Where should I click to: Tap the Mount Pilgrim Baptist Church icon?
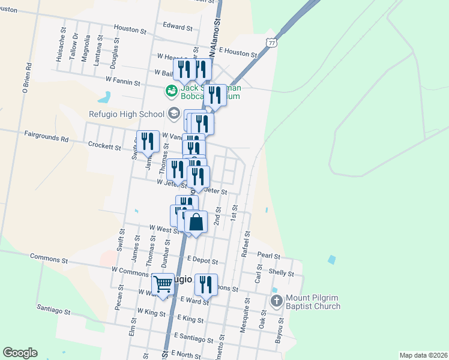point(276,300)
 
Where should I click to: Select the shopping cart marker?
point(163,284)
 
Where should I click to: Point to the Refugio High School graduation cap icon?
point(173,113)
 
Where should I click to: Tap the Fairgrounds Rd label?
point(46,137)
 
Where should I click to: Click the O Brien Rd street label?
point(26,79)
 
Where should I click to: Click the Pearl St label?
point(269,256)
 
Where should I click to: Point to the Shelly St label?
point(281,273)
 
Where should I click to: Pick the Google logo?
point(20,353)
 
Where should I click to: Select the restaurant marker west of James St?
point(148,142)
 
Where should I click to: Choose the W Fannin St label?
point(122,79)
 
